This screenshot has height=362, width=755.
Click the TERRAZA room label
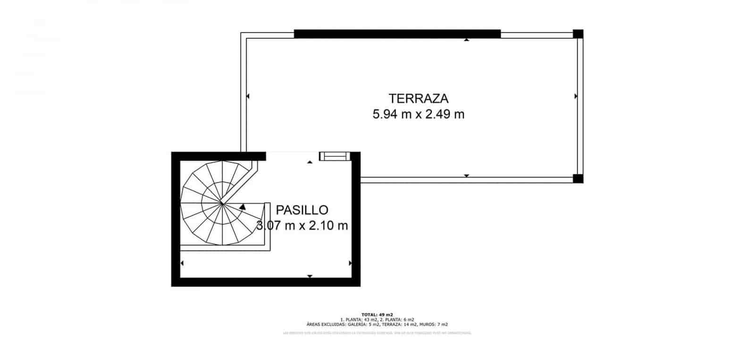[418, 98]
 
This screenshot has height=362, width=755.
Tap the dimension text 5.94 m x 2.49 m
[418, 114]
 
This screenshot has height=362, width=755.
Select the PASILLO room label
[302, 210]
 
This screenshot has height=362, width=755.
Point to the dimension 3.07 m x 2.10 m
[302, 225]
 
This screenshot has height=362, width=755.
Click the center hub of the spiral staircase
[221, 204]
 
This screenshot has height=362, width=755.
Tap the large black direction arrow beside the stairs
[243, 207]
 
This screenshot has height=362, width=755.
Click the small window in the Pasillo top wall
[334, 156]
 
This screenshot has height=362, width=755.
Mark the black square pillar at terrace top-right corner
[578, 34]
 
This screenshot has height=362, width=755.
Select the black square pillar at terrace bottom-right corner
[578, 178]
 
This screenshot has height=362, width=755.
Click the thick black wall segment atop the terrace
[397, 34]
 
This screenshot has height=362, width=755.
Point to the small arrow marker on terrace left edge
[248, 96]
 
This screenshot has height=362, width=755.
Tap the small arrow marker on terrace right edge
[576, 96]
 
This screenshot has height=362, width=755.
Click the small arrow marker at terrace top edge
[467, 40]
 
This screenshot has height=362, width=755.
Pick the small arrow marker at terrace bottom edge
[467, 176]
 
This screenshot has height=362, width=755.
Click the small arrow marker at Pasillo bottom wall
[310, 276]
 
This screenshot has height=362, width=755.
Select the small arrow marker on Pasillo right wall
[350, 263]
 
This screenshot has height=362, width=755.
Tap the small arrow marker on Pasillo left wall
[182, 263]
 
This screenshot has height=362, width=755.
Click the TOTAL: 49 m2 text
[377, 314]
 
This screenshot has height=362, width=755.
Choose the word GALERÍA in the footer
[357, 325]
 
